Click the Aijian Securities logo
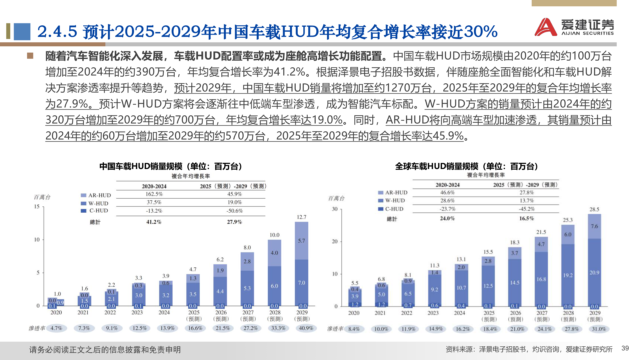(574, 27)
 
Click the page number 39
(625, 348)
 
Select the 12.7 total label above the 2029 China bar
(301, 217)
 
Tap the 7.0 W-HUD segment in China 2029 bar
(301, 283)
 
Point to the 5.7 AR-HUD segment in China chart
(301, 241)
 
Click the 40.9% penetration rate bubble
(306, 328)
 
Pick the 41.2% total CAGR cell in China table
(154, 222)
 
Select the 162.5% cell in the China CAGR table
(154, 194)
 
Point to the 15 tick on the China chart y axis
(37, 207)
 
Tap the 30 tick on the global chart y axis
(335, 209)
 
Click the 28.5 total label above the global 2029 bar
(594, 209)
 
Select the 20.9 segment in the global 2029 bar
(594, 273)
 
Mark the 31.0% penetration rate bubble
(599, 329)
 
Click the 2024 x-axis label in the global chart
(459, 313)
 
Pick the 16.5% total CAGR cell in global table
(526, 219)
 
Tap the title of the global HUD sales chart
(467, 166)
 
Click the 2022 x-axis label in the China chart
(110, 313)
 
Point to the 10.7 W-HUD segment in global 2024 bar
(461, 288)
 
